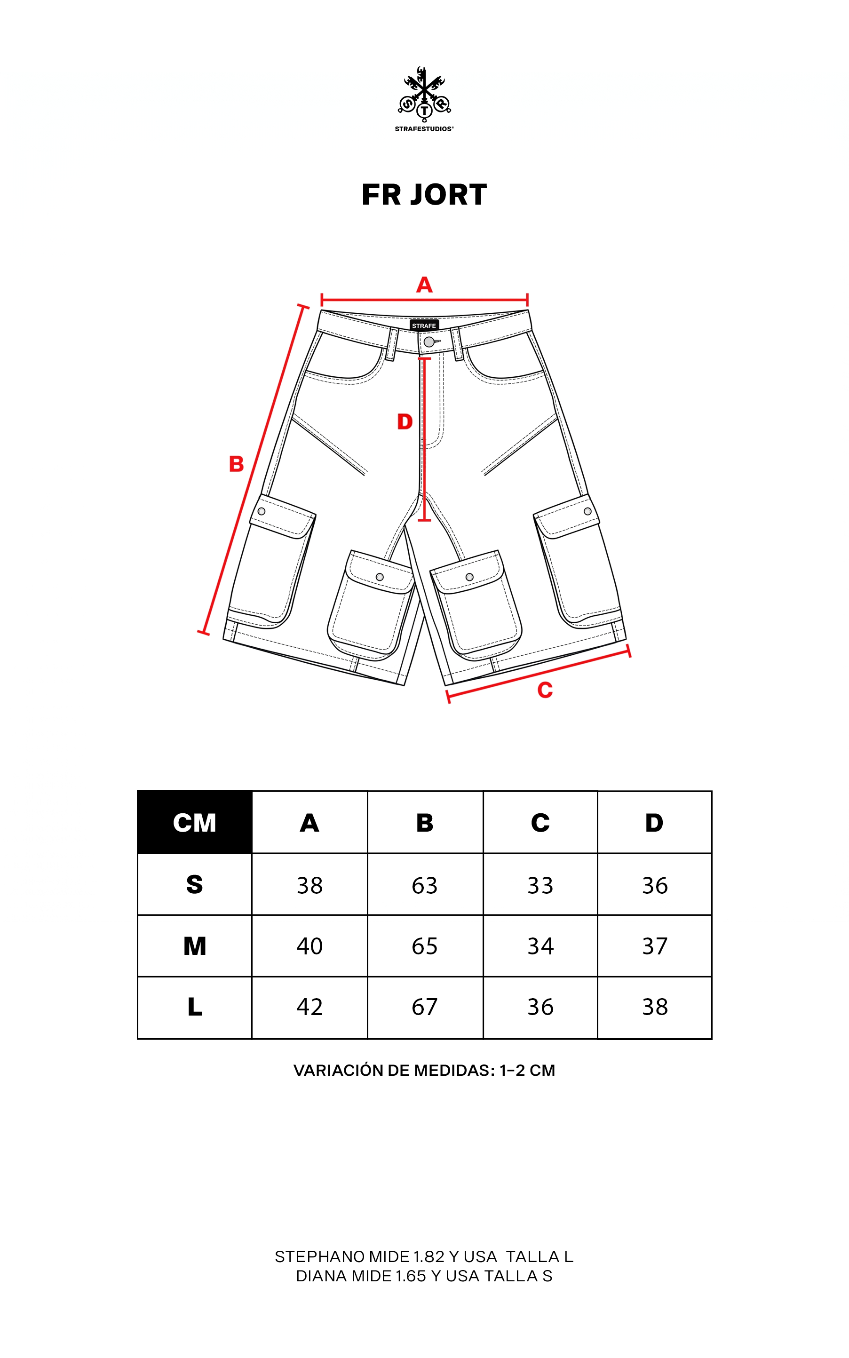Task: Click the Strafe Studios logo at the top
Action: coord(424,99)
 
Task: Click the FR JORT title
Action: coord(424,195)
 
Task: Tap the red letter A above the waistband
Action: coord(424,285)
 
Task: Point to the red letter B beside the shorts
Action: coord(237,464)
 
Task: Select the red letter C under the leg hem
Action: coord(545,690)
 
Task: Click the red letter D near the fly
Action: coord(405,421)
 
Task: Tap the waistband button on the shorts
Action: coord(429,342)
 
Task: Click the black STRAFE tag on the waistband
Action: coord(424,326)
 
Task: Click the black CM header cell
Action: coord(195,822)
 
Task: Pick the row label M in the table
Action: coord(195,946)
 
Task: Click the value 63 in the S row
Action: coord(424,885)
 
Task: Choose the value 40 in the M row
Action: coord(309,946)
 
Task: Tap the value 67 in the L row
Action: coord(424,1007)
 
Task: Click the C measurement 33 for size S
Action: coord(540,885)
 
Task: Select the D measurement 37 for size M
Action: coord(655,946)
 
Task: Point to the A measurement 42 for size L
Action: coord(309,1007)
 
